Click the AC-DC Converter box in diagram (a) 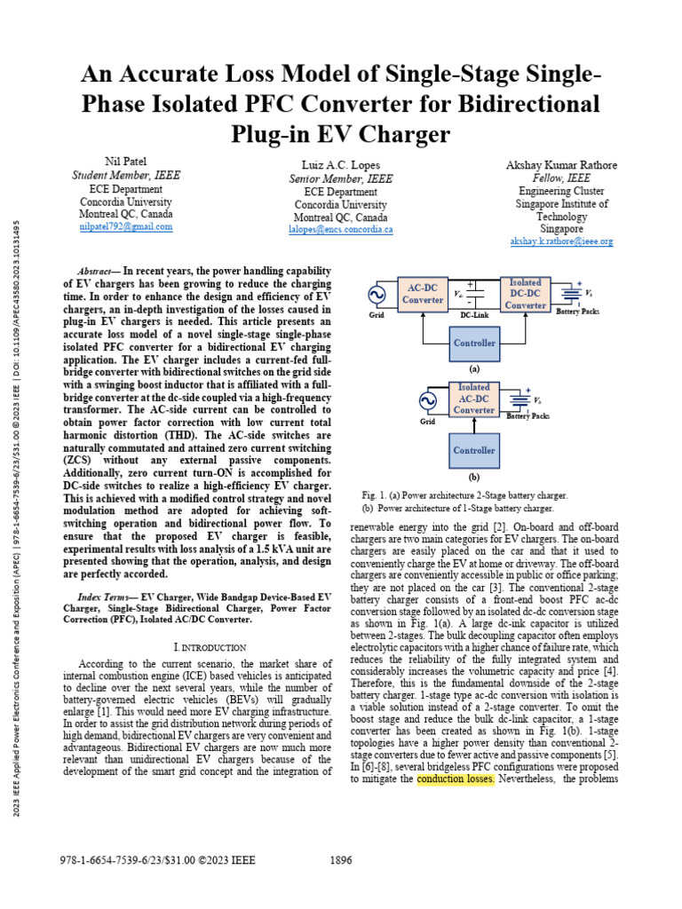pyautogui.click(x=423, y=294)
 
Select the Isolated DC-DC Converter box pyautogui.click(x=525, y=294)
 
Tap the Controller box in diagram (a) pyautogui.click(x=474, y=343)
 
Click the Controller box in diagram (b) pyautogui.click(x=474, y=450)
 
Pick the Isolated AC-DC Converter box pyautogui.click(x=474, y=399)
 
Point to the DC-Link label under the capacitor pyautogui.click(x=477, y=314)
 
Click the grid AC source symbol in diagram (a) pyautogui.click(x=377, y=294)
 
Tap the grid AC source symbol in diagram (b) pyautogui.click(x=428, y=400)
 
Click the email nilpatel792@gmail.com pyautogui.click(x=126, y=226)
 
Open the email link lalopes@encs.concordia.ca pyautogui.click(x=340, y=229)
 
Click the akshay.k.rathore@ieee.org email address pyautogui.click(x=561, y=241)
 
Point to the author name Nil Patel pyautogui.click(x=126, y=162)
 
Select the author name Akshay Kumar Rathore pyautogui.click(x=561, y=164)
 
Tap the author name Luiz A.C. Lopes pyautogui.click(x=340, y=165)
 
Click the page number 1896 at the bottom pyautogui.click(x=341, y=859)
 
